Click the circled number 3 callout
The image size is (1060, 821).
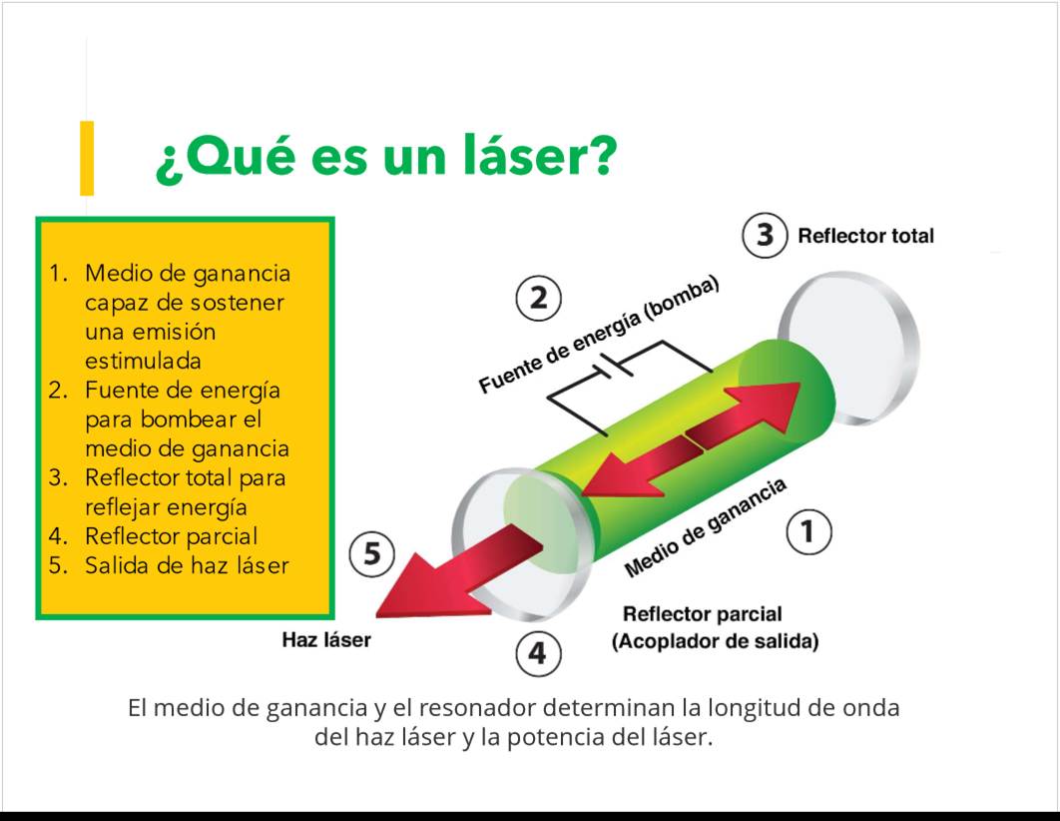pyautogui.click(x=765, y=236)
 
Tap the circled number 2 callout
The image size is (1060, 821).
pyautogui.click(x=539, y=298)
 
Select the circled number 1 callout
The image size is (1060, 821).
pyautogui.click(x=809, y=531)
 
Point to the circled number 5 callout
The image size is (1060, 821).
pyautogui.click(x=372, y=554)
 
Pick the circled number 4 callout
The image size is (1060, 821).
pyautogui.click(x=539, y=653)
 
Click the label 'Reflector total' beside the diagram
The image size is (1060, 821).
pyautogui.click(x=866, y=236)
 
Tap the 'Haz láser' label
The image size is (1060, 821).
pyautogui.click(x=326, y=640)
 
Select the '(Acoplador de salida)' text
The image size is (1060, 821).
pyautogui.click(x=716, y=641)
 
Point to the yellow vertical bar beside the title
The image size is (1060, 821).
pyautogui.click(x=87, y=158)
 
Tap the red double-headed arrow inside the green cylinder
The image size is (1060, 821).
pyautogui.click(x=690, y=440)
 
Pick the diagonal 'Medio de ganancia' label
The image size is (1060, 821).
pyautogui.click(x=705, y=527)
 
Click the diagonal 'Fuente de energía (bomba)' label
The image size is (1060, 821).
pyautogui.click(x=599, y=335)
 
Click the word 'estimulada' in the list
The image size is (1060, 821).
pyautogui.click(x=143, y=361)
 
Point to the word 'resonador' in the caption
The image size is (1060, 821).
pyautogui.click(x=478, y=708)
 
